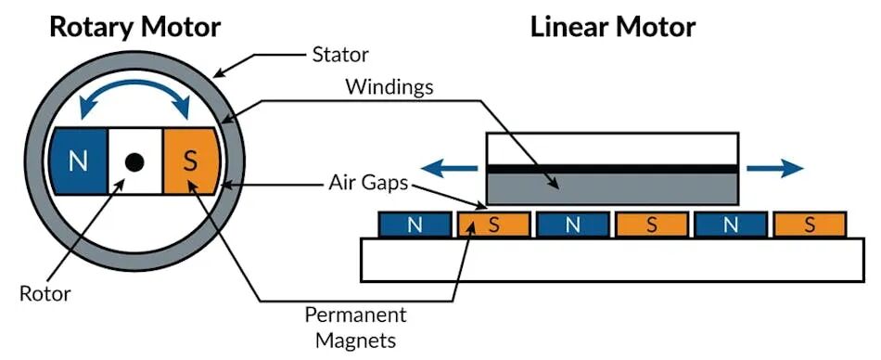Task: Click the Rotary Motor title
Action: click(135, 27)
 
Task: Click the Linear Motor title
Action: click(613, 27)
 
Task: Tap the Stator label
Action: click(340, 55)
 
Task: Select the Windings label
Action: click(389, 87)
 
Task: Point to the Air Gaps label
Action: click(368, 184)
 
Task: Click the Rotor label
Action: click(45, 293)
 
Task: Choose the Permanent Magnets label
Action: click(356, 328)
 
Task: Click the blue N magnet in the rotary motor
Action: click(78, 162)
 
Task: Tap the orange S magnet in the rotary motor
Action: click(190, 162)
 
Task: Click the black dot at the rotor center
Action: click(134, 162)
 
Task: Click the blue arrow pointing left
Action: click(450, 168)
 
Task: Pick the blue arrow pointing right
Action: click(774, 168)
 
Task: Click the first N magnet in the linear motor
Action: click(415, 225)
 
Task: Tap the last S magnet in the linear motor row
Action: click(810, 225)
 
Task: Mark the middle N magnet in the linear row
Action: click(572, 225)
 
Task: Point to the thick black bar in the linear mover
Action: click(612, 169)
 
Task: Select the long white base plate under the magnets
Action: click(612, 259)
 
